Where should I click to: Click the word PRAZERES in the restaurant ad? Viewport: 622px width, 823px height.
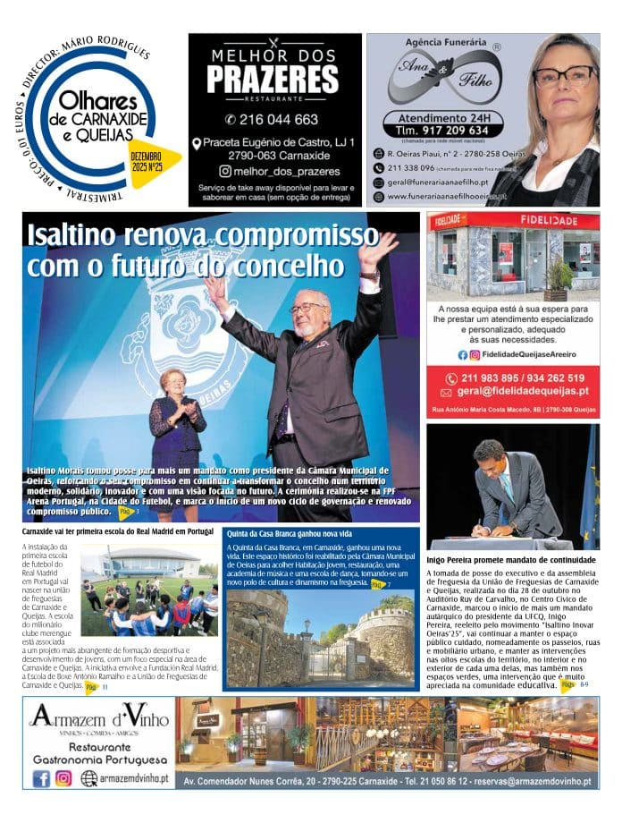click(273, 79)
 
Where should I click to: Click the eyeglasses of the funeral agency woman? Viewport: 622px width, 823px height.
click(565, 77)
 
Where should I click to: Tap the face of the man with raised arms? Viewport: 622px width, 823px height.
click(310, 312)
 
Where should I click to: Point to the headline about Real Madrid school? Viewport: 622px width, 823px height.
click(119, 531)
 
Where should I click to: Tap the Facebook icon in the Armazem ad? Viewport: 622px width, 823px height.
click(41, 778)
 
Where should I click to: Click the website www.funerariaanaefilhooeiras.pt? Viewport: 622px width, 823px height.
click(447, 196)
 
